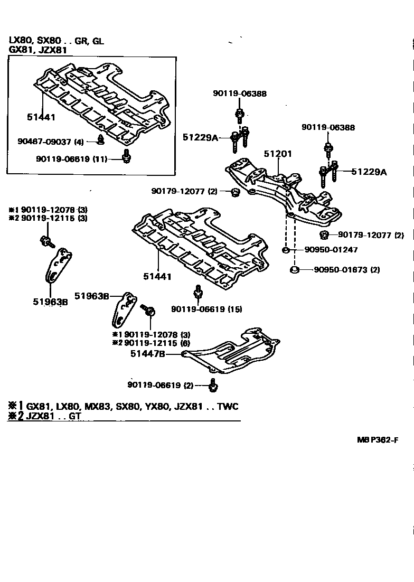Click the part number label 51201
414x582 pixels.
click(278, 154)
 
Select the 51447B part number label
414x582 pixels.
click(147, 354)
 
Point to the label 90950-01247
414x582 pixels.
click(331, 250)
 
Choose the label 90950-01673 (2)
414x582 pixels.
click(346, 270)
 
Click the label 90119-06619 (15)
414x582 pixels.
click(206, 309)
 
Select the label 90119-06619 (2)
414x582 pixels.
click(161, 385)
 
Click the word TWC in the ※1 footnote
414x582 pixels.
click(228, 406)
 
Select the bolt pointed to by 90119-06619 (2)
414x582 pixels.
click(212, 386)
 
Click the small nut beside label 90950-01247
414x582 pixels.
click(285, 250)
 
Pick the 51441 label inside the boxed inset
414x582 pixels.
click(41, 117)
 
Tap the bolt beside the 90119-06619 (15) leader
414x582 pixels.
click(198, 292)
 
